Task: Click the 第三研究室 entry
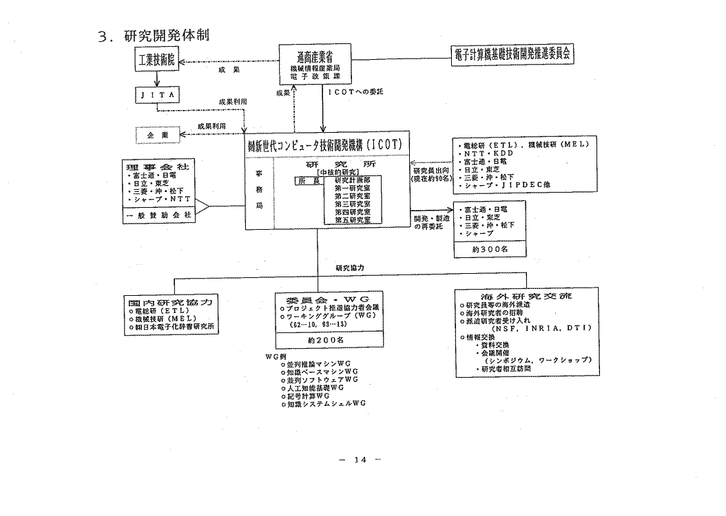click(352, 204)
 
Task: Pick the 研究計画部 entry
click(352, 180)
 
